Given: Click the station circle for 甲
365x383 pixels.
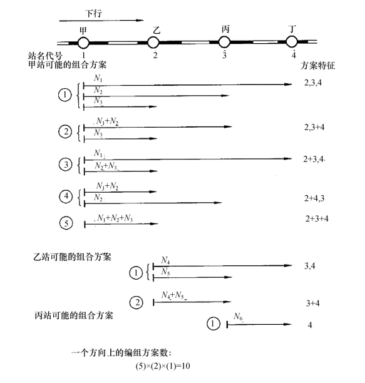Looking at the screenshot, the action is tap(83, 43).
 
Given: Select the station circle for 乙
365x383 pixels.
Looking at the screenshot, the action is tap(153, 43).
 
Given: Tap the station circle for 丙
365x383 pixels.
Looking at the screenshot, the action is tap(224, 42).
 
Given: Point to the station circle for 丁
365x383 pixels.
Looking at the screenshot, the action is tap(292, 41).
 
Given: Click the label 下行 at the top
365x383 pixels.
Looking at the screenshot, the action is tap(93, 13).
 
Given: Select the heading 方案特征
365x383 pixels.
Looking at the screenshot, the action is tap(317, 66).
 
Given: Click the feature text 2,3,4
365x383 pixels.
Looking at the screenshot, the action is tap(313, 83).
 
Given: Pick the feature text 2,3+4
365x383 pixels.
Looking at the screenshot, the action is tap(314, 127).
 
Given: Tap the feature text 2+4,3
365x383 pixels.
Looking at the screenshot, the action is tap(314, 198).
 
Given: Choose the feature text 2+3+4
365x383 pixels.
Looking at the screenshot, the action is tap(317, 218).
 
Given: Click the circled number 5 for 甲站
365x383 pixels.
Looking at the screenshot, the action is tap(66, 223).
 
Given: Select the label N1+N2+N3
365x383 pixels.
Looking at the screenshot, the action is tap(115, 218).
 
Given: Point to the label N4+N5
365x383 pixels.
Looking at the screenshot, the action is tap(174, 295).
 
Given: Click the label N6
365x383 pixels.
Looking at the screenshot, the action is tap(238, 317).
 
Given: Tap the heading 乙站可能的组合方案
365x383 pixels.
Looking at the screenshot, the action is tap(73, 257).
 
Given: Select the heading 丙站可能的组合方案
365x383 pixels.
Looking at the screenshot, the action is tap(74, 315).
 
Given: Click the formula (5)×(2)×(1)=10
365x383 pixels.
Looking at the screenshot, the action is tap(163, 366).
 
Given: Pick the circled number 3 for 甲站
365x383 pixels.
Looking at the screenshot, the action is tap(66, 165).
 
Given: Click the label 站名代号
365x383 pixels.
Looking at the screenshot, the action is tap(45, 56).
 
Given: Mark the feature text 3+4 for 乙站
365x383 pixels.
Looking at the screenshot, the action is tap(312, 303).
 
